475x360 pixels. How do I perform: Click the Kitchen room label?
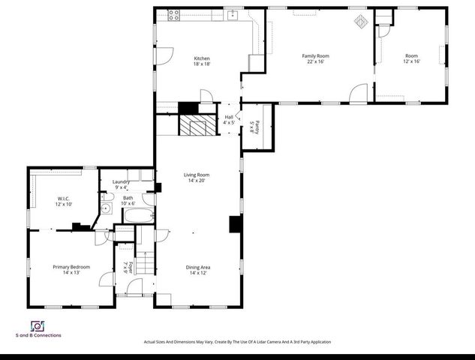[x=202, y=58]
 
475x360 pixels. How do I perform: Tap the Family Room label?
[x=315, y=55]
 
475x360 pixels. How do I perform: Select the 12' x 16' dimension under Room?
[x=411, y=61]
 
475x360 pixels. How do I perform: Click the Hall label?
[x=229, y=117]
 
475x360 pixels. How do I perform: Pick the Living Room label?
[x=197, y=175]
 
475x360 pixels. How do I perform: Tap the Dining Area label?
[x=198, y=267]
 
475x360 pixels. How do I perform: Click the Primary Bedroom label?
[x=71, y=267]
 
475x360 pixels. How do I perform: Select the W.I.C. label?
[x=63, y=199]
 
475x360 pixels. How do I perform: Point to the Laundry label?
[x=121, y=181]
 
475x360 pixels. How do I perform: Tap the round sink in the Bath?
[x=107, y=209]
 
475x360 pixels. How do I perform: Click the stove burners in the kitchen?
[x=174, y=13]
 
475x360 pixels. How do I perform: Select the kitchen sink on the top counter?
[x=233, y=13]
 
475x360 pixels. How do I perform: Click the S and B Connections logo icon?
[x=35, y=326]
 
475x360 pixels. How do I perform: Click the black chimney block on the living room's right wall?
[x=235, y=225]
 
